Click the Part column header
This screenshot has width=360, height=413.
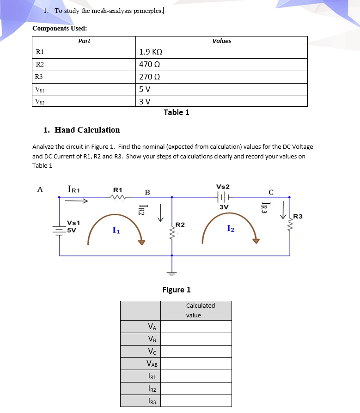click(x=84, y=41)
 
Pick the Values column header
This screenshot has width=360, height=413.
click(x=221, y=41)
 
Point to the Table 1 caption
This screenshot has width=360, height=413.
click(x=176, y=112)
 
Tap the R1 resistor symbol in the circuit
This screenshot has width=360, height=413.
click(x=118, y=197)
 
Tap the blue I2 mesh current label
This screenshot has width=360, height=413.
click(x=232, y=228)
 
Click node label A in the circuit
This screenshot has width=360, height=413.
click(x=40, y=189)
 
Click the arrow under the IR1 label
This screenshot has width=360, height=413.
click(x=76, y=201)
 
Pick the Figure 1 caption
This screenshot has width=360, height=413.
click(x=176, y=290)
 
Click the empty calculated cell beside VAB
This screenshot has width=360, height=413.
click(x=196, y=364)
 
